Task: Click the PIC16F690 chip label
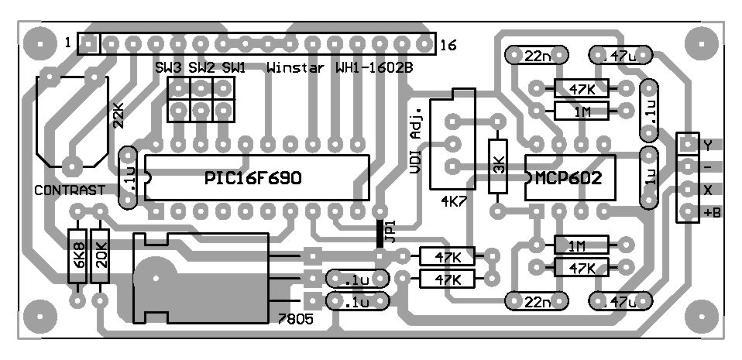pos(253,178)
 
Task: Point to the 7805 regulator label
pos(294,319)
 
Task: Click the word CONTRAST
pos(70,190)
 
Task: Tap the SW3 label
pos(168,68)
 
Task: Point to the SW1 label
pos(233,68)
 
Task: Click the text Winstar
pos(294,68)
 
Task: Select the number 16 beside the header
pos(448,46)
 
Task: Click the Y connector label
pos(707,145)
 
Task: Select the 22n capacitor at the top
pos(538,56)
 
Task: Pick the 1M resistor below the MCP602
pos(577,246)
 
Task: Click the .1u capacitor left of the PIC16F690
pos(129,178)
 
